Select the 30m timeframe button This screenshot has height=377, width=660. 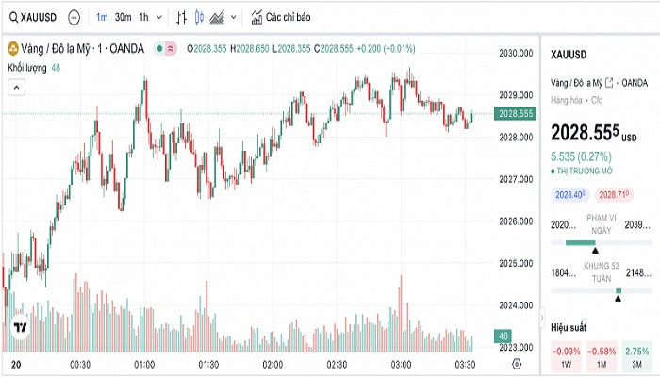[123, 17]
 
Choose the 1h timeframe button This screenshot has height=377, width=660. [143, 17]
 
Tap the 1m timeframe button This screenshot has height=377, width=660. [101, 17]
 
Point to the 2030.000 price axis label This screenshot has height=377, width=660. [516, 54]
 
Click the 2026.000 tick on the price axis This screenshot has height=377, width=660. [516, 221]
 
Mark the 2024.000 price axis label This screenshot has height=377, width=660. [516, 305]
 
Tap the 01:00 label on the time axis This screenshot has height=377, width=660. [144, 364]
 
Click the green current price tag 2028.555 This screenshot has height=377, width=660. [516, 114]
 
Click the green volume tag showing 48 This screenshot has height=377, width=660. [503, 336]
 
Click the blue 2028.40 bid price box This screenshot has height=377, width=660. [570, 194]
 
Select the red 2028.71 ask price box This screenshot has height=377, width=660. [614, 194]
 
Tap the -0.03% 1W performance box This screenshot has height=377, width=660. [565, 356]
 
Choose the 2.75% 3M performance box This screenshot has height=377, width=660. [637, 356]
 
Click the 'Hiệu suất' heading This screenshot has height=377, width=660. [569, 326]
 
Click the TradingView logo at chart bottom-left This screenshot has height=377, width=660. [20, 327]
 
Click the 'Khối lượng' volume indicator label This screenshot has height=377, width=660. [28, 68]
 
